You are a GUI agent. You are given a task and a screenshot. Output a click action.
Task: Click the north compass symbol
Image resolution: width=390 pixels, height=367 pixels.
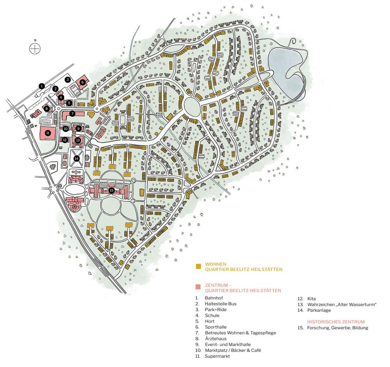pyautogui.click(x=35, y=48)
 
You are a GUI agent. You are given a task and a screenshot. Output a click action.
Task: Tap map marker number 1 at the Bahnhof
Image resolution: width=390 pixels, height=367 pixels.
pyautogui.click(x=42, y=85)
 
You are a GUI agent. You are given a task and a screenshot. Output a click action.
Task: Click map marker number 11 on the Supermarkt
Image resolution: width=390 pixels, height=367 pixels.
pyautogui.click(x=48, y=133)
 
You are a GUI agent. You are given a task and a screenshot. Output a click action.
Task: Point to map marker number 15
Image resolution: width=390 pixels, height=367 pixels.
pyautogui.click(x=112, y=190)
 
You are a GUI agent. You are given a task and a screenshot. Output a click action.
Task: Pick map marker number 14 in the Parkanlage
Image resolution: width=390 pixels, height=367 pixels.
pyautogui.click(x=76, y=158)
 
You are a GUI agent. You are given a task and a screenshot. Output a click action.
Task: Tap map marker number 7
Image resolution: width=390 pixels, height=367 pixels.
pyautogui.click(x=73, y=113)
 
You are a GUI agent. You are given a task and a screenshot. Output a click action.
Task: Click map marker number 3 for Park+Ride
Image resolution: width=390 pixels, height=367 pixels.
pyautogui.click(x=68, y=80)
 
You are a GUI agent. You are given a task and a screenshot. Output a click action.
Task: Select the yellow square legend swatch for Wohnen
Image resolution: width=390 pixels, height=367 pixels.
pyautogui.click(x=198, y=266)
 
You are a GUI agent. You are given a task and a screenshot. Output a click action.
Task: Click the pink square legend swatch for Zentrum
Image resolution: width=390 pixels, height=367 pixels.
pyautogui.click(x=198, y=287)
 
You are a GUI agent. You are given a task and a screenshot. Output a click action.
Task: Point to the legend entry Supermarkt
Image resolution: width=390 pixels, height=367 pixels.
pyautogui.click(x=217, y=356)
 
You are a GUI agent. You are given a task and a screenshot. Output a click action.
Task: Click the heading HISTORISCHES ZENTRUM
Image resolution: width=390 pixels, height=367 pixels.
pyautogui.click(x=336, y=322)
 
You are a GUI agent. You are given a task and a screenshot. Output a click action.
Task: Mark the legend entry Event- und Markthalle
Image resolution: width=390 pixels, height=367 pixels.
pyautogui.click(x=227, y=344)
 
